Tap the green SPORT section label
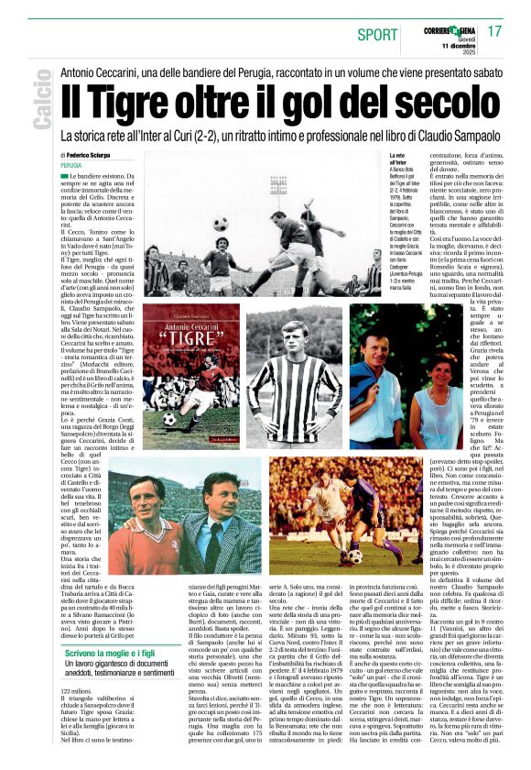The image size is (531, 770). coord(375,33)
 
